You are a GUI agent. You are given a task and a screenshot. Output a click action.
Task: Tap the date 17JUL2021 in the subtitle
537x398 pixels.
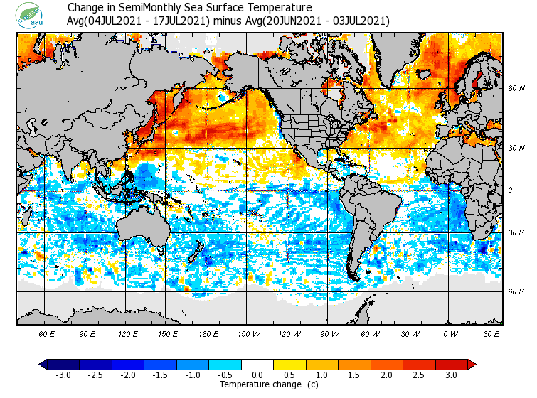click(x=181, y=21)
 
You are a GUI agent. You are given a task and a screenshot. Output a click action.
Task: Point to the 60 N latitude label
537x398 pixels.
click(x=516, y=88)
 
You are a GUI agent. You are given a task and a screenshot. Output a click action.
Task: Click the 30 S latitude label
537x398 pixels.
click(x=516, y=233)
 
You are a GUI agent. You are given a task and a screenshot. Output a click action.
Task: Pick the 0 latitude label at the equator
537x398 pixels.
click(x=510, y=190)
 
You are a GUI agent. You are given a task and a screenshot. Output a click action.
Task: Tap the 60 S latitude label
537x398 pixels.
click(x=516, y=291)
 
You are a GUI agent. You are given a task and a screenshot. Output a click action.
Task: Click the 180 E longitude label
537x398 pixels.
click(x=208, y=333)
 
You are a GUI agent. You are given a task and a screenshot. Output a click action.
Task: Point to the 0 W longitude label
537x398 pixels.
click(x=450, y=333)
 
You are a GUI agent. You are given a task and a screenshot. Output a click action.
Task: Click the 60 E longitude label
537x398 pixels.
click(x=47, y=333)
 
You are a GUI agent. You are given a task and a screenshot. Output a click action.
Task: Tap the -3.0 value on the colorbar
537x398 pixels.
click(x=63, y=375)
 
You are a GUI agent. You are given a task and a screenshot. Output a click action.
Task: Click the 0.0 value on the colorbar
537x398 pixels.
click(x=258, y=375)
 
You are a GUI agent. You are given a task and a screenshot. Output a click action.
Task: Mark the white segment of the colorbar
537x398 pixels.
click(x=258, y=365)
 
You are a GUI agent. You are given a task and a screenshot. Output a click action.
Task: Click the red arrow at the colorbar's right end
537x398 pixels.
click(x=472, y=365)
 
